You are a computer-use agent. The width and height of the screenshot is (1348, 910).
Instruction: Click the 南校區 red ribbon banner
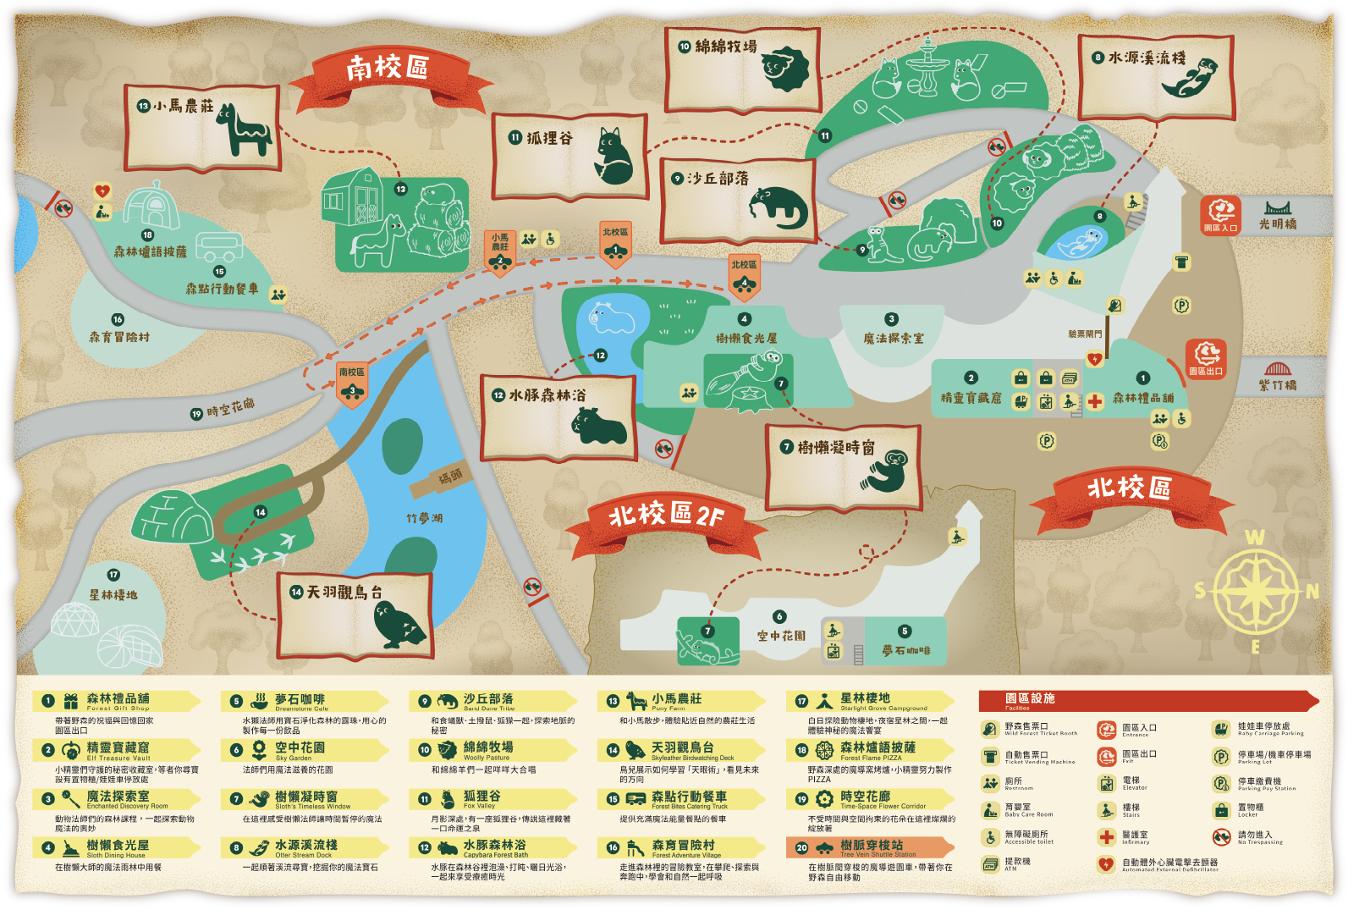point(388,69)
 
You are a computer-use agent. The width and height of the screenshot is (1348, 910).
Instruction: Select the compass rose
point(1256,589)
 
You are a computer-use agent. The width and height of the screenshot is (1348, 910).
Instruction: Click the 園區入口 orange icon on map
point(1220,215)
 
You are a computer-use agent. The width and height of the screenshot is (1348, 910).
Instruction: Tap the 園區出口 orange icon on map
point(1206,358)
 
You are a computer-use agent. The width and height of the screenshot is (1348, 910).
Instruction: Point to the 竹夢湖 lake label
point(424,518)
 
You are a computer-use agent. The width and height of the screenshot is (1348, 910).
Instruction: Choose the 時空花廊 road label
point(229,408)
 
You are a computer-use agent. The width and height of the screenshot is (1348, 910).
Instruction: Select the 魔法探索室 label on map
point(893,338)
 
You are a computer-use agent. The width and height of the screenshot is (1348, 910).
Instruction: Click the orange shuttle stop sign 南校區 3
point(352,383)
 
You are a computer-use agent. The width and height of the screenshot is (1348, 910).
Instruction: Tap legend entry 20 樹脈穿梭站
point(871,847)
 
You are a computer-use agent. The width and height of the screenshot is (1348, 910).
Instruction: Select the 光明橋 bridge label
point(1277,223)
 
